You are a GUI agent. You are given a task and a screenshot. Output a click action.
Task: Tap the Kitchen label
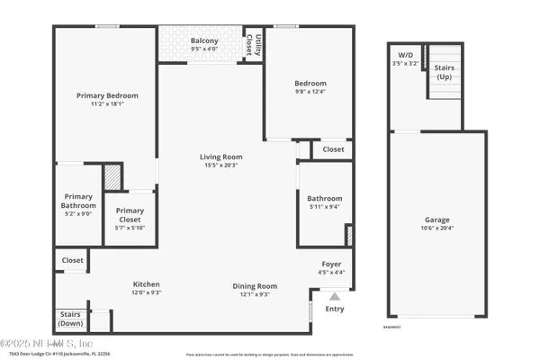[147, 283]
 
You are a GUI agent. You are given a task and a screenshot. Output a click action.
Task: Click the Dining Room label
[255, 286]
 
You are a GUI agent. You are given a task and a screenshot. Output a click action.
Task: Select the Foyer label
[331, 264]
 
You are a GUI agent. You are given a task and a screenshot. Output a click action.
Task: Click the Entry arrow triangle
[335, 294]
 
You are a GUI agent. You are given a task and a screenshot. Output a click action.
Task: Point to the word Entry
[334, 309]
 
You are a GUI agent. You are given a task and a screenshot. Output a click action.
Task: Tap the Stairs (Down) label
[70, 319]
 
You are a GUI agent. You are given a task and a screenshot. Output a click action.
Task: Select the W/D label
[405, 55]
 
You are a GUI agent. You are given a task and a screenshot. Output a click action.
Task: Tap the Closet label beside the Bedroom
[333, 149]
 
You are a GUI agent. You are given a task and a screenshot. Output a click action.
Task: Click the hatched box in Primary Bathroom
[112, 175]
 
